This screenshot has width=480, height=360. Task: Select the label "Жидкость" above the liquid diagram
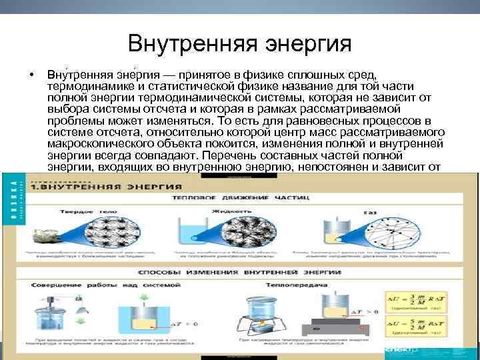225,211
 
